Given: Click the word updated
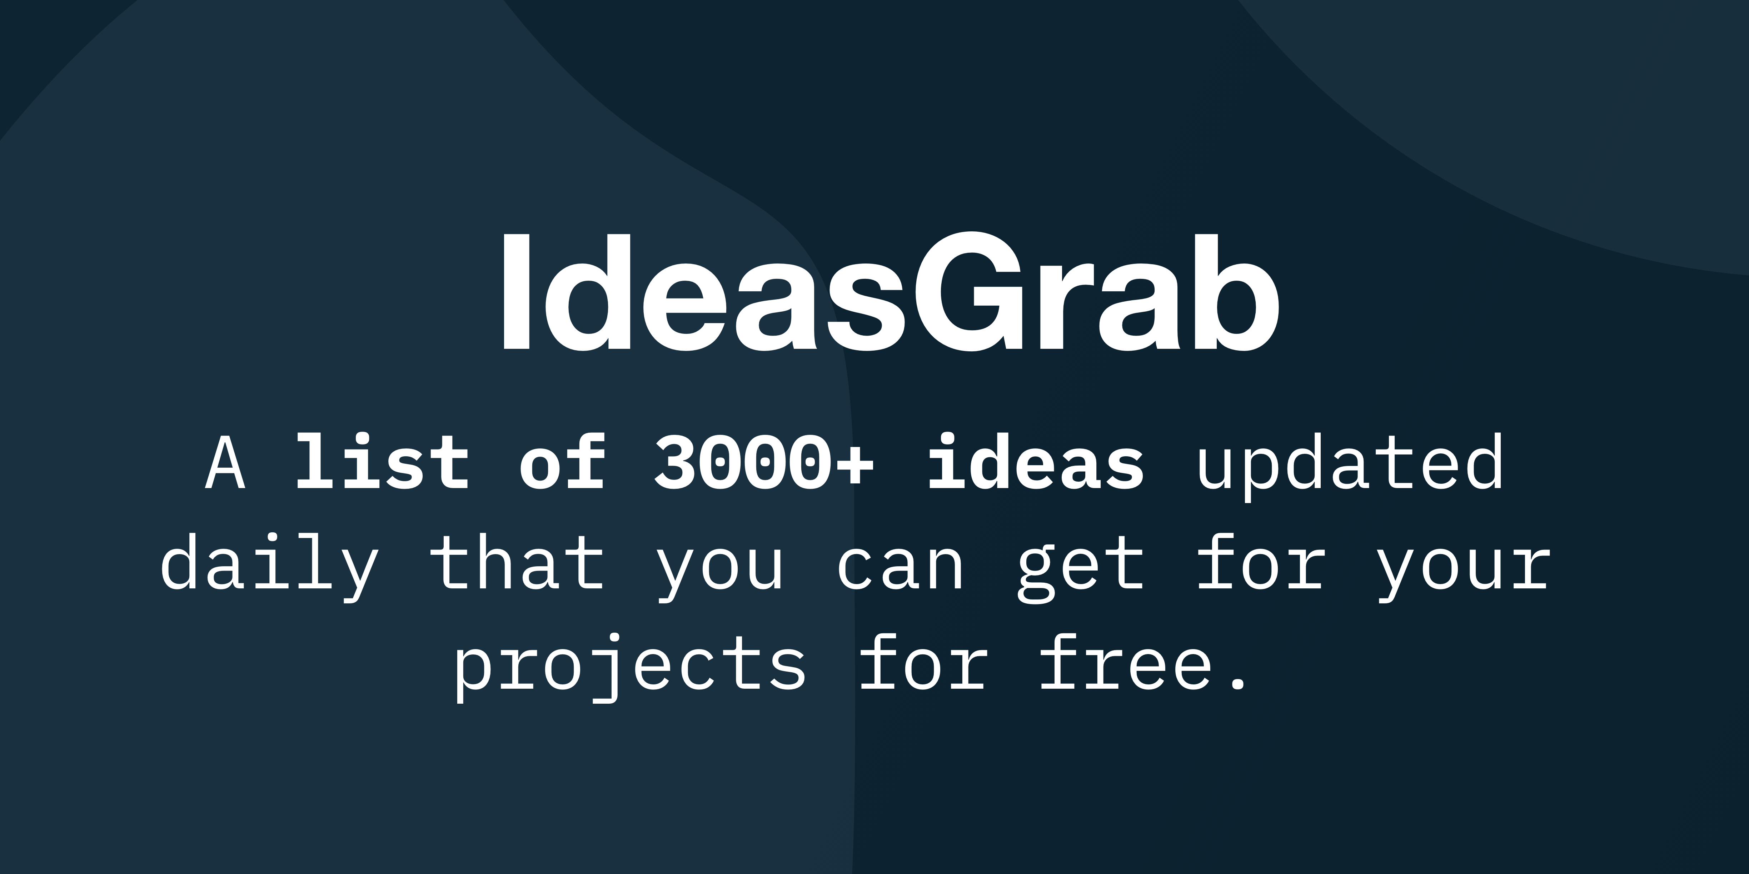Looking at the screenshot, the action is click(1350, 465).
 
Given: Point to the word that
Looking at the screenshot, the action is click(517, 563).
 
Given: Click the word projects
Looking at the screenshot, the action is click(630, 668).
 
